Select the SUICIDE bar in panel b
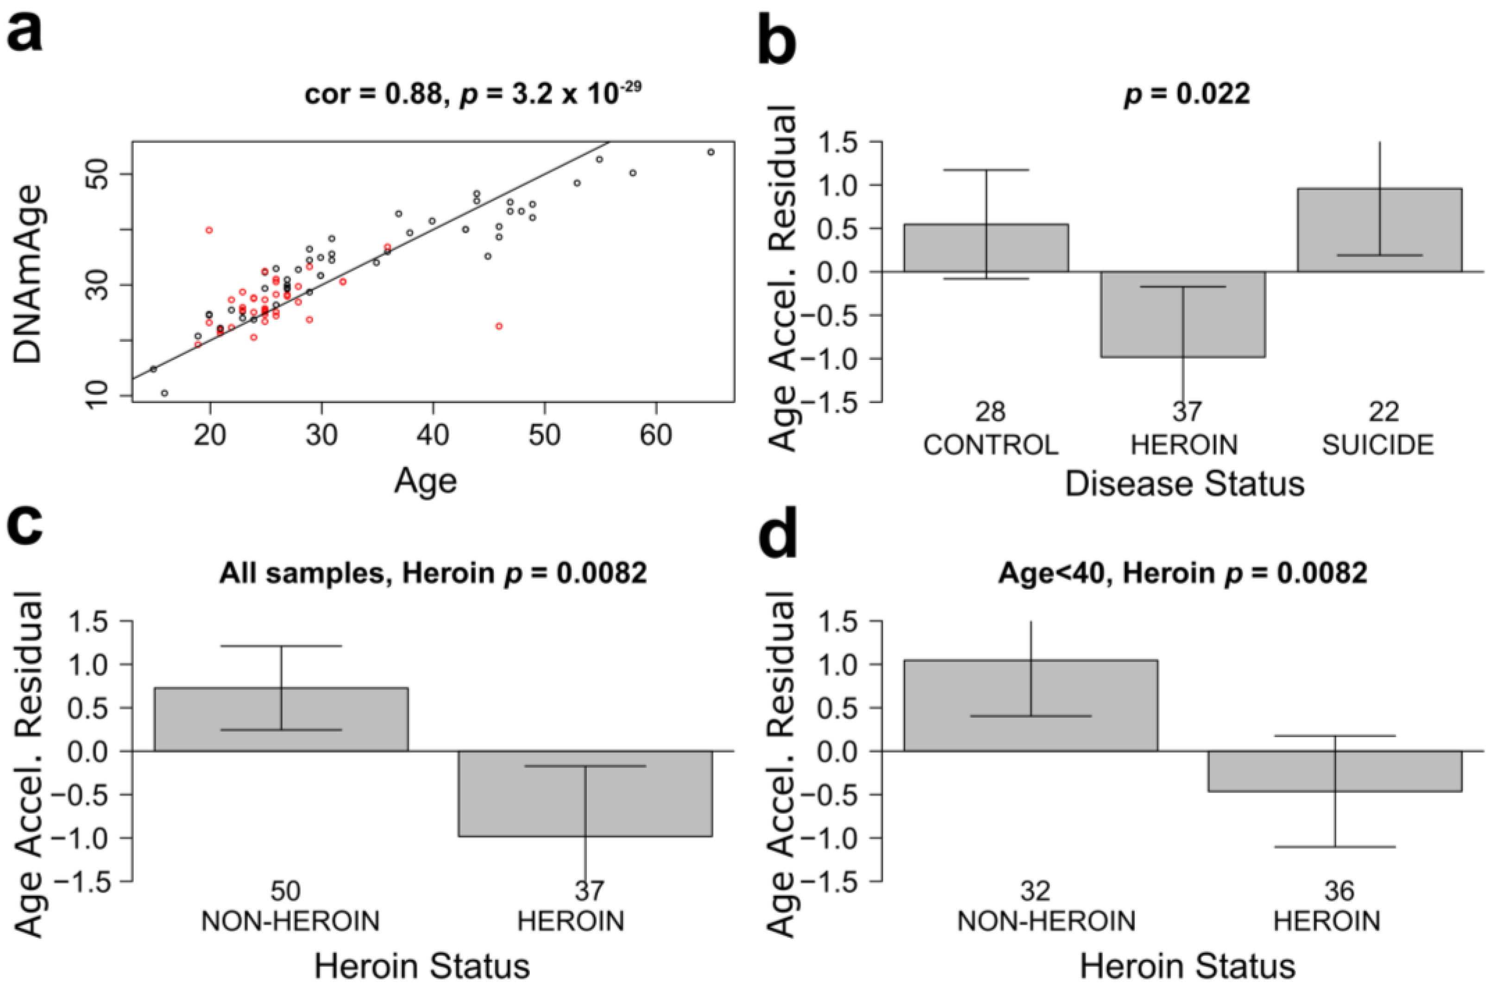[1379, 230]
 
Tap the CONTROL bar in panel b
[986, 248]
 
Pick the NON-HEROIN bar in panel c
[281, 719]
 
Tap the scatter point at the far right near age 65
[711, 152]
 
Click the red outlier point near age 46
[499, 326]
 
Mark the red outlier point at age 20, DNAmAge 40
[209, 230]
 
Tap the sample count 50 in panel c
[285, 892]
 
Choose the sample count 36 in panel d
[1339, 892]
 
